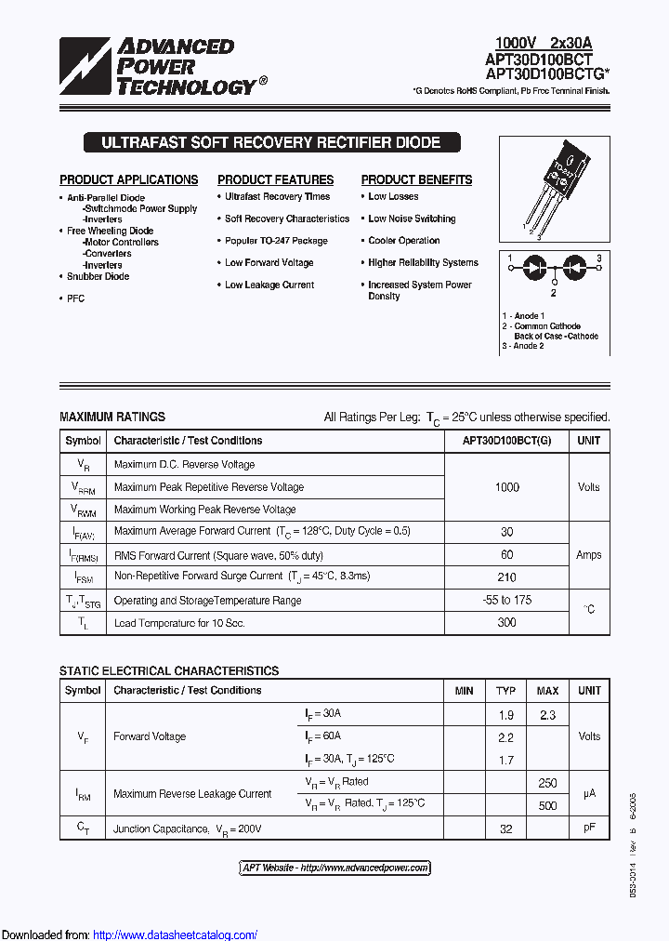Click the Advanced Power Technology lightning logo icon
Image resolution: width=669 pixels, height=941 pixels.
(x=85, y=66)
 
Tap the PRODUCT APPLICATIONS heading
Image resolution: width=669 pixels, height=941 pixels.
(x=129, y=180)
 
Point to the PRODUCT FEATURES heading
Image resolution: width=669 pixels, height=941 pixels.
(x=275, y=180)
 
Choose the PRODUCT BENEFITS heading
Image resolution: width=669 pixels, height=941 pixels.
(x=416, y=180)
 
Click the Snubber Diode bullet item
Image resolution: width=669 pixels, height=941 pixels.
(x=98, y=276)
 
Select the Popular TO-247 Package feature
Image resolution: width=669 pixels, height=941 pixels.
(x=276, y=241)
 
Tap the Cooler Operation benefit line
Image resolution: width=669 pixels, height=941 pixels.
(x=404, y=241)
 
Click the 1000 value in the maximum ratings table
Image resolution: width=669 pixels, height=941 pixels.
(x=507, y=487)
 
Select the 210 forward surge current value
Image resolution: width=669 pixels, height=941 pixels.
(x=507, y=577)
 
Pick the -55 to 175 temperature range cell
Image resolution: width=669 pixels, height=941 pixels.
(x=507, y=600)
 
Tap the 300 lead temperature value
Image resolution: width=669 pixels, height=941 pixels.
(x=507, y=622)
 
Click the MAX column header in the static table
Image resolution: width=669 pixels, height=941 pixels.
(x=547, y=691)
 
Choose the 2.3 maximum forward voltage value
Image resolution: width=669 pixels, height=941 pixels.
(x=547, y=714)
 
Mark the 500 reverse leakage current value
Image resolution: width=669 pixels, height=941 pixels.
(x=547, y=804)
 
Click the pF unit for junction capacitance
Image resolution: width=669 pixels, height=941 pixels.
(x=589, y=828)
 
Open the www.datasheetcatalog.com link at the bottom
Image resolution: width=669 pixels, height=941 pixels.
(x=176, y=934)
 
